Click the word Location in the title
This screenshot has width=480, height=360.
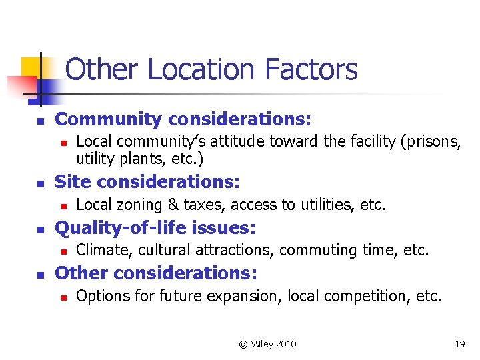pyautogui.click(x=201, y=69)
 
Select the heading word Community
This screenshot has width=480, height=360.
pyautogui.click(x=108, y=120)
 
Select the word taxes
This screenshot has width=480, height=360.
pyautogui.click(x=203, y=205)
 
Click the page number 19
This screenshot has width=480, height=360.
pyautogui.click(x=460, y=344)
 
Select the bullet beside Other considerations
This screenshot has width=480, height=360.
pyautogui.click(x=40, y=274)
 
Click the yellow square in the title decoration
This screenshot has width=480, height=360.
pyautogui.click(x=31, y=67)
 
